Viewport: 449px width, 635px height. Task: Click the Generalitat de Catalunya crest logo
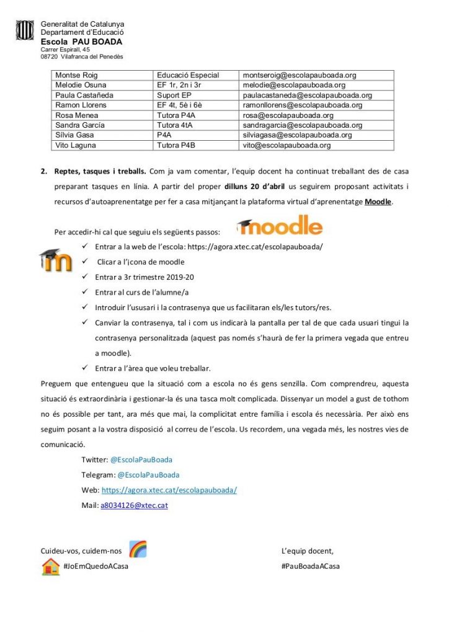click(x=25, y=30)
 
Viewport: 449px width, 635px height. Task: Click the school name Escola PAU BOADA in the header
click(x=81, y=42)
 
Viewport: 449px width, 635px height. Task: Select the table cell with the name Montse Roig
click(x=73, y=75)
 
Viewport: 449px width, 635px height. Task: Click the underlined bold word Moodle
click(x=378, y=202)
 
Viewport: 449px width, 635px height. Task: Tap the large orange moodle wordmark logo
click(x=280, y=226)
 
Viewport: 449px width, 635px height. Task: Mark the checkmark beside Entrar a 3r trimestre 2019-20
click(x=84, y=277)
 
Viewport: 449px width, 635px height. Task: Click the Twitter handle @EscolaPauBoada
click(x=141, y=460)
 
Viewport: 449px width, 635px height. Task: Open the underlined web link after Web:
click(x=169, y=490)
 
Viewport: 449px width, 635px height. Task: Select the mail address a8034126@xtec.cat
click(x=134, y=505)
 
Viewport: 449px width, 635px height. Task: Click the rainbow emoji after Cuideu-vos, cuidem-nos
click(x=138, y=549)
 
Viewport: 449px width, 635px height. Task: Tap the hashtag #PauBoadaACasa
click(x=310, y=566)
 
